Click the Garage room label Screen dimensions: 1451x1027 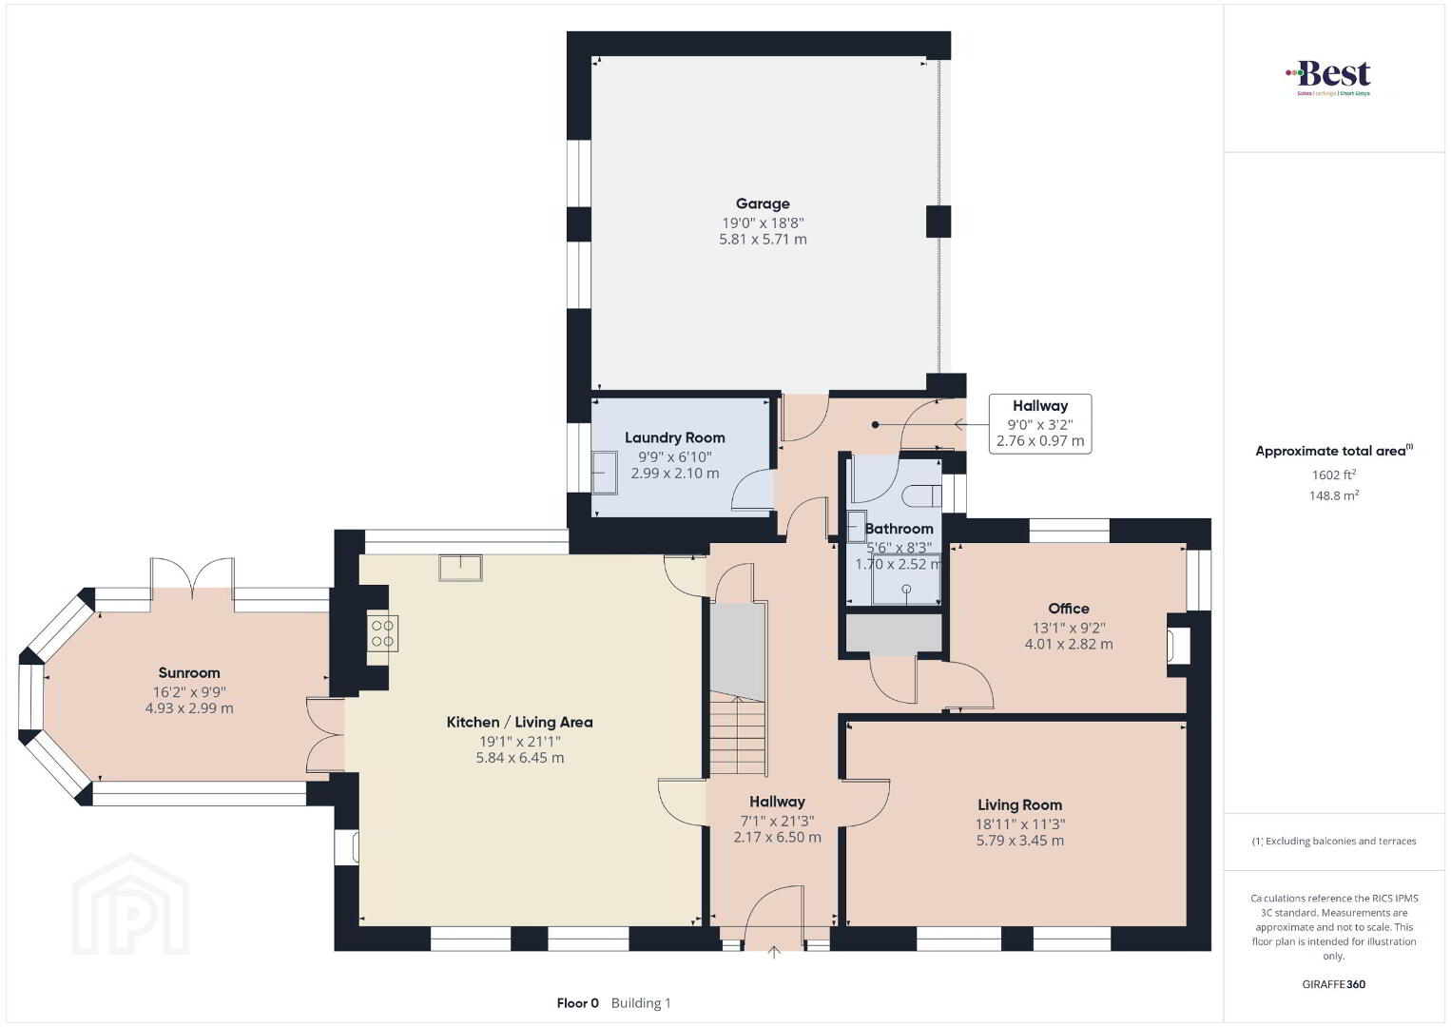(763, 203)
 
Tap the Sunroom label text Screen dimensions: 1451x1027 (189, 672)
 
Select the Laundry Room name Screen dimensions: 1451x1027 (674, 438)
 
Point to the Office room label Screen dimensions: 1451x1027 (1068, 609)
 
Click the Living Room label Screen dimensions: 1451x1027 (1019, 804)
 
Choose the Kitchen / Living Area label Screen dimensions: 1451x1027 (519, 722)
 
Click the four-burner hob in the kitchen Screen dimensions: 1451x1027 (382, 633)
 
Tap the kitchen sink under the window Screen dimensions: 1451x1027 (460, 568)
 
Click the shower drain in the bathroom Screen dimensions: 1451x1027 (906, 589)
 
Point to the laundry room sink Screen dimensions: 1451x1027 (605, 473)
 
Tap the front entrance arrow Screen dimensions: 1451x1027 (773, 952)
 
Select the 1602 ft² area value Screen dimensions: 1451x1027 (1334, 475)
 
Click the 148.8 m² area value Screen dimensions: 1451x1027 (1334, 495)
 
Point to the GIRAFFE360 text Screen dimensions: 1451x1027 (1334, 984)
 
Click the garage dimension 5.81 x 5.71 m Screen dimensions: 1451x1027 (763, 239)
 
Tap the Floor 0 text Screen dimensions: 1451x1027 (577, 1003)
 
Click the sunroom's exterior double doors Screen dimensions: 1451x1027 (192, 576)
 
